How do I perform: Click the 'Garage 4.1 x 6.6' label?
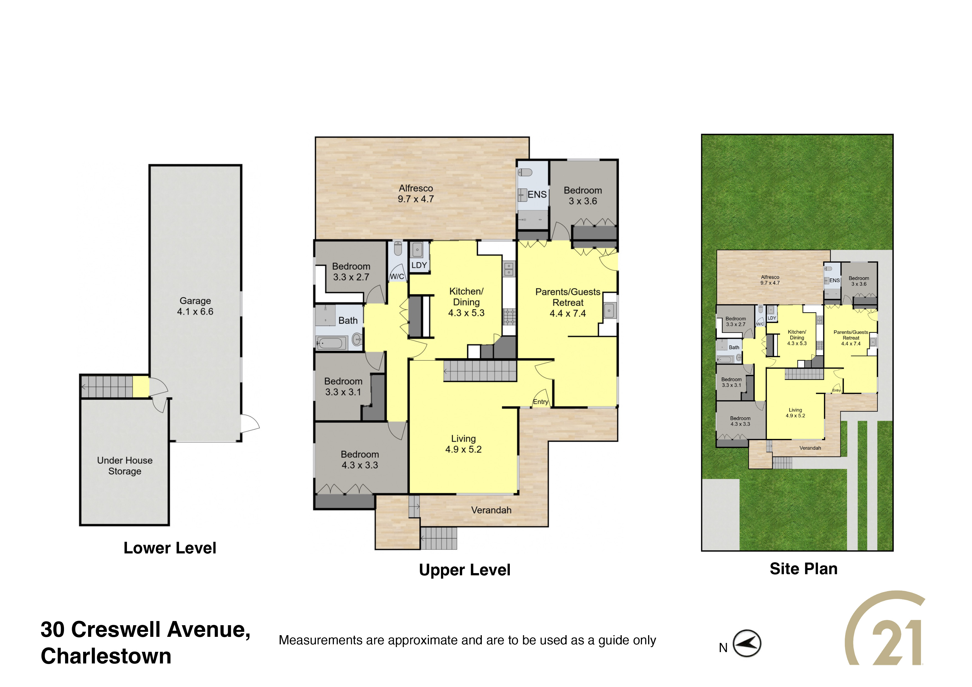pyautogui.click(x=195, y=306)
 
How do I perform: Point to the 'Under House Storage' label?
pyautogui.click(x=125, y=466)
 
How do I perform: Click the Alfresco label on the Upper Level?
pyautogui.click(x=416, y=193)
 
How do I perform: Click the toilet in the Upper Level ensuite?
pyautogui.click(x=525, y=172)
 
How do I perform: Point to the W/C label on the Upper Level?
pyautogui.click(x=397, y=276)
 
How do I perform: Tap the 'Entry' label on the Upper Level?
pyautogui.click(x=541, y=402)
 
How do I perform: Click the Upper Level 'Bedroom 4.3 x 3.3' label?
pyautogui.click(x=360, y=460)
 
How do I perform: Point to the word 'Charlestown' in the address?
pyautogui.click(x=106, y=656)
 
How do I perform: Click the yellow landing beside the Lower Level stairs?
pyautogui.click(x=141, y=387)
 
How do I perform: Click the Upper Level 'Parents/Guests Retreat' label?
pyautogui.click(x=568, y=297)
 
